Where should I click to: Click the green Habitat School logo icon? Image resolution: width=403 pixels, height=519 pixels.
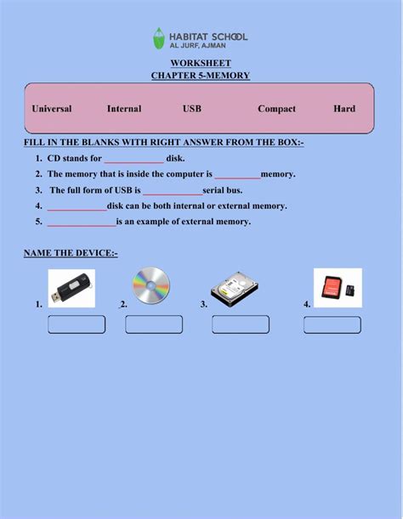click(x=159, y=38)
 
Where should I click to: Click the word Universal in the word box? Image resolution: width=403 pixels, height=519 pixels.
click(x=52, y=109)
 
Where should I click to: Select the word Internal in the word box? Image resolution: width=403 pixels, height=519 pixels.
click(x=124, y=109)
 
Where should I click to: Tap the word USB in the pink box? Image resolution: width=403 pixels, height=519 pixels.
click(x=192, y=109)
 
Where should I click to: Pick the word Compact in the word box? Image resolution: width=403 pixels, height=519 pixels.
click(x=276, y=109)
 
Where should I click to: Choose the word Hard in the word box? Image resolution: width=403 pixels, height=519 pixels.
click(x=344, y=109)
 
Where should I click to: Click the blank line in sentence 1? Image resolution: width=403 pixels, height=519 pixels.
click(x=133, y=160)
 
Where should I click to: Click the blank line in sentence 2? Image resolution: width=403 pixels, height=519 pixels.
click(x=237, y=176)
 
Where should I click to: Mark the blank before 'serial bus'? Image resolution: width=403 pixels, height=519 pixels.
click(x=173, y=192)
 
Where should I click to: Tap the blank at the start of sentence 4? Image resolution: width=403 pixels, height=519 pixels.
click(x=77, y=207)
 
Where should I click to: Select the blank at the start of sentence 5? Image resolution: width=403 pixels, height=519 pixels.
click(x=82, y=223)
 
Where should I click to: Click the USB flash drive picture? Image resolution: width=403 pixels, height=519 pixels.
click(x=71, y=288)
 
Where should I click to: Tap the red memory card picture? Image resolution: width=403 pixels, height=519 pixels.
click(x=338, y=287)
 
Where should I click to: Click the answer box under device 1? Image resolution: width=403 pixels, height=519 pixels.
click(x=77, y=324)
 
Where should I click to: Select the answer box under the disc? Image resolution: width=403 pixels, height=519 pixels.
click(x=154, y=324)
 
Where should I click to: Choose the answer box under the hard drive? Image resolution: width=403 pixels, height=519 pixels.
click(x=241, y=324)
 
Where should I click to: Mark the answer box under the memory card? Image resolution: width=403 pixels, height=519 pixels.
click(x=332, y=324)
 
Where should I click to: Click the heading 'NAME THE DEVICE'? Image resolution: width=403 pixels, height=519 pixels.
click(x=71, y=253)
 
